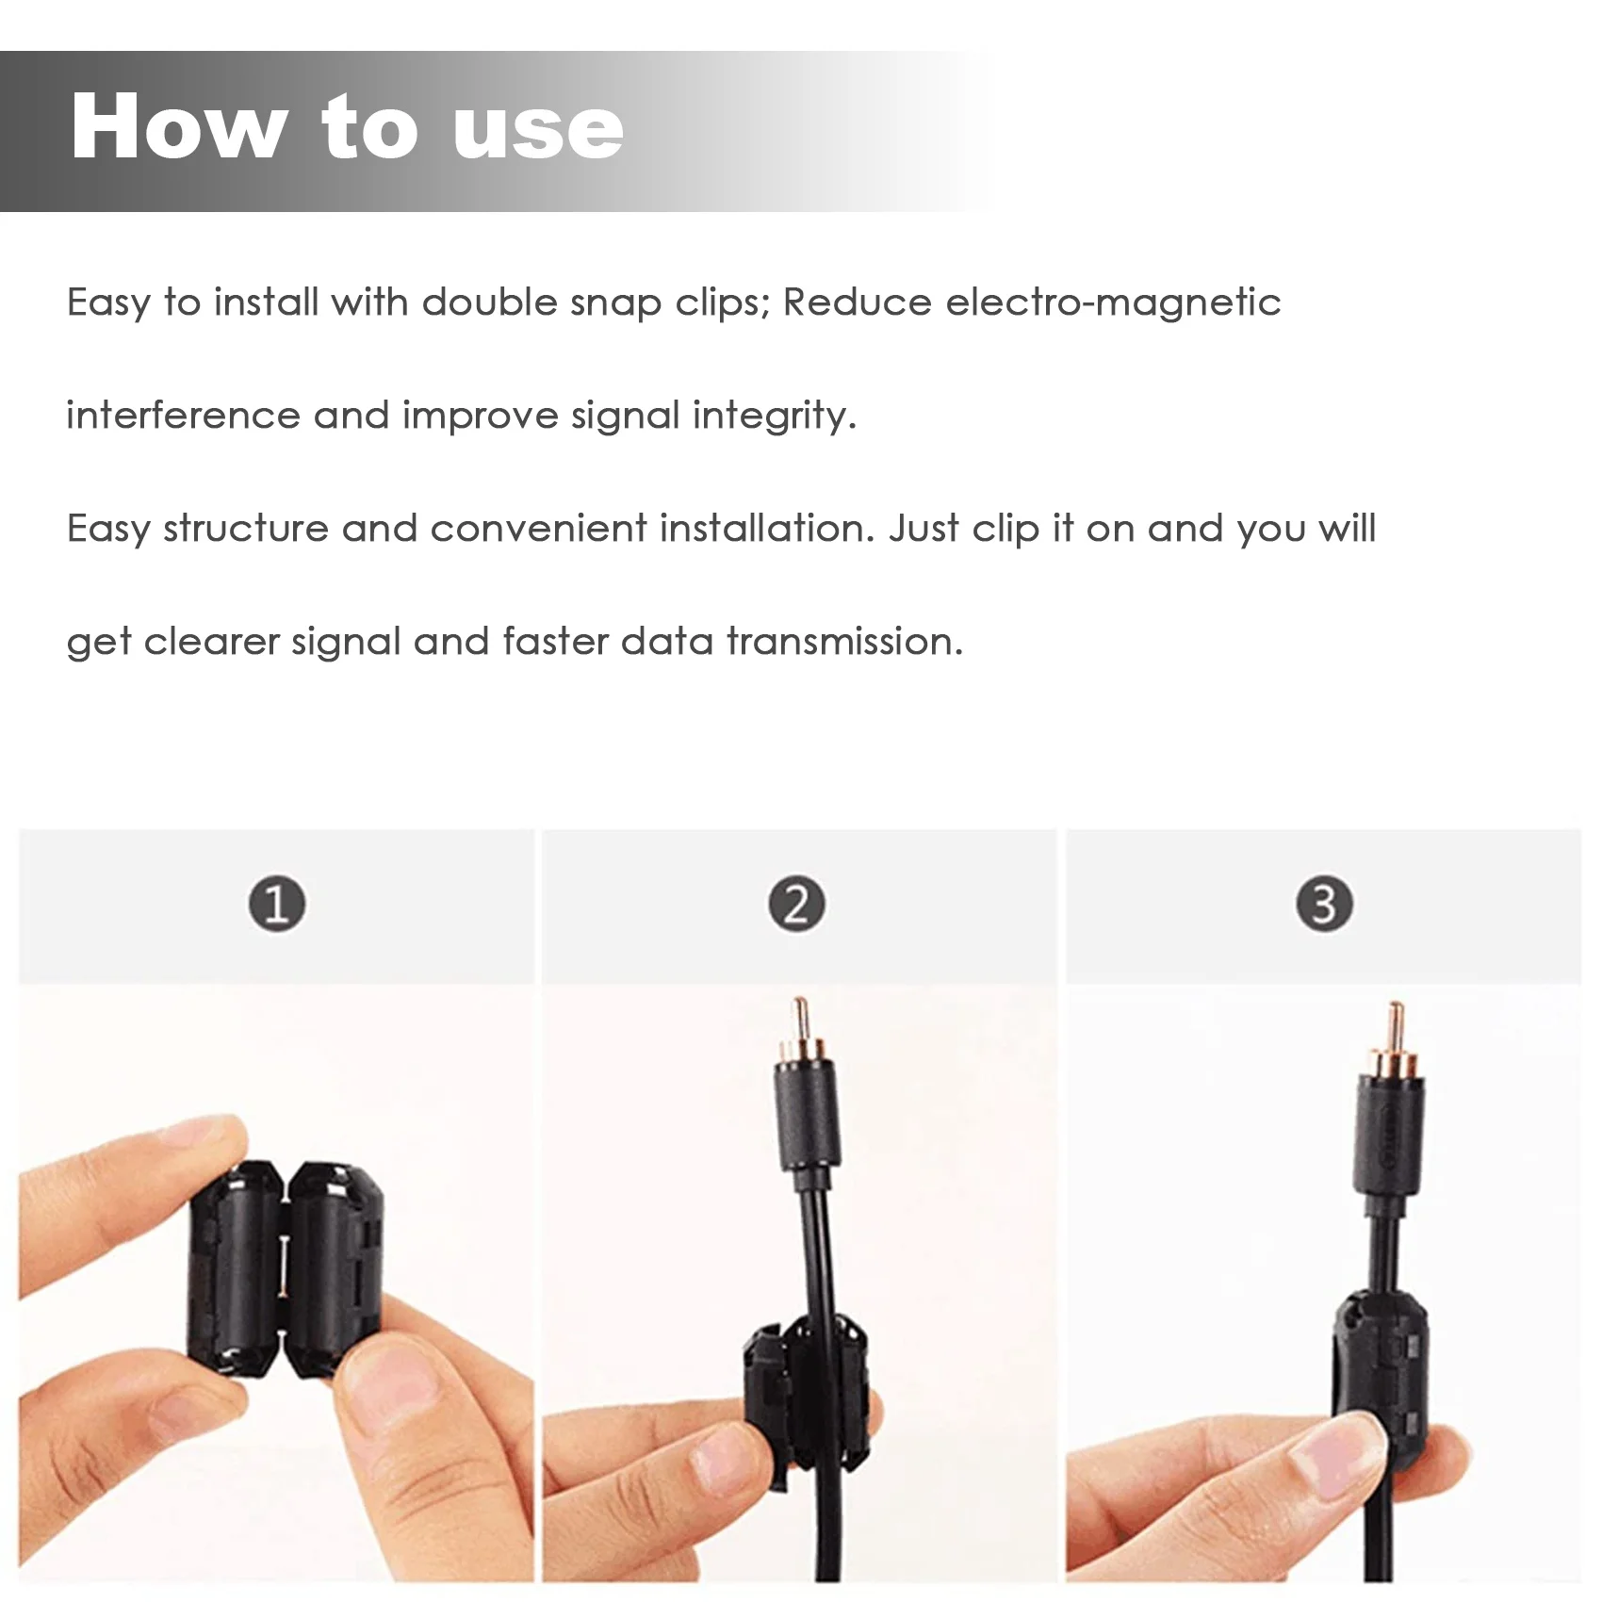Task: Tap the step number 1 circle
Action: tap(277, 904)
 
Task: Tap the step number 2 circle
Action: tap(797, 904)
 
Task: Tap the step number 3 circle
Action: tap(1324, 904)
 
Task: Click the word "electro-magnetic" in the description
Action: tap(1113, 302)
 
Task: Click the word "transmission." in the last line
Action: tap(844, 642)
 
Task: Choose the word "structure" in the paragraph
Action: tap(246, 529)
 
